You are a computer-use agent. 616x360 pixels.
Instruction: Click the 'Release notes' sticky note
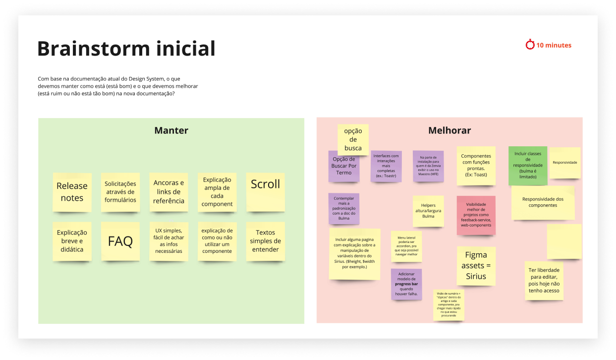(72, 192)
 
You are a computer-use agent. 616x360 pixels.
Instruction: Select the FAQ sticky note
(120, 241)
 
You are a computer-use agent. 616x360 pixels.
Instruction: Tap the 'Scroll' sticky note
(265, 192)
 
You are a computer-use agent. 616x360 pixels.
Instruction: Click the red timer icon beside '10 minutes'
(530, 45)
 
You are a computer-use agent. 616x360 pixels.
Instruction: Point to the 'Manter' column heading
(171, 130)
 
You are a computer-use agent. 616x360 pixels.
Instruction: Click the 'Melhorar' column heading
(449, 130)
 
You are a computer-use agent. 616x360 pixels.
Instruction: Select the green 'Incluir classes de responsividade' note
(527, 166)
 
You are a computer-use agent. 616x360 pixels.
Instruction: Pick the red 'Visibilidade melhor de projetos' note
(476, 215)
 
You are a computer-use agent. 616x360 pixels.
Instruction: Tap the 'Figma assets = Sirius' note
(476, 266)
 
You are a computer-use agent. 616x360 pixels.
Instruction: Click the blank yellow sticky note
(564, 241)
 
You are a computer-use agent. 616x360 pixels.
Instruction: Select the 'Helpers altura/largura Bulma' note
(428, 211)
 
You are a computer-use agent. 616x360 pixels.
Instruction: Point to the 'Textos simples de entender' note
(265, 241)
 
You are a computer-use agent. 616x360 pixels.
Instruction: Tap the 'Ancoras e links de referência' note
(168, 192)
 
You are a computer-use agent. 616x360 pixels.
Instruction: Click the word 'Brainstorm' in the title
(86, 49)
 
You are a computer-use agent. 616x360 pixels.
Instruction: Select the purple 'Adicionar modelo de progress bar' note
(406, 284)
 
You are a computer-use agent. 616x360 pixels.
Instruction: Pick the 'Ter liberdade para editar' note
(544, 280)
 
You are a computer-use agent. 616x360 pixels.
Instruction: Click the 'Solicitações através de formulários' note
(120, 192)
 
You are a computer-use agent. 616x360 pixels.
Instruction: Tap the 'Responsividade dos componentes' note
(543, 202)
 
